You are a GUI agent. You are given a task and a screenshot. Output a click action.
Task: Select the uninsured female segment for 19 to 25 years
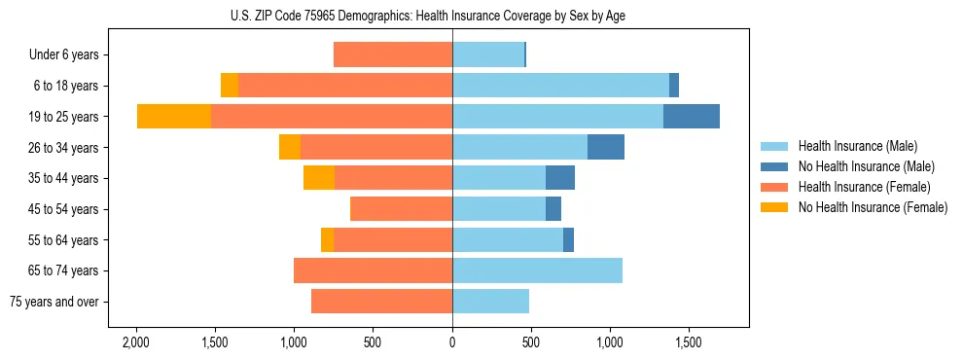pyautogui.click(x=174, y=117)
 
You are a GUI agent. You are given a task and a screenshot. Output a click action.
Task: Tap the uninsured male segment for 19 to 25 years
pyautogui.click(x=692, y=117)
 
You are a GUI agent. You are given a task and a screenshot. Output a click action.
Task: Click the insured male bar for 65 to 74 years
pyautogui.click(x=537, y=270)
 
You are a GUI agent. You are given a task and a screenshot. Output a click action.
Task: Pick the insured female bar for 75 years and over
pyautogui.click(x=381, y=302)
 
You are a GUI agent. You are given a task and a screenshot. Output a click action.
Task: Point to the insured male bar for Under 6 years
pyautogui.click(x=488, y=54)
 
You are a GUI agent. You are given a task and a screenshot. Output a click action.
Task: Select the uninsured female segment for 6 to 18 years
pyautogui.click(x=230, y=86)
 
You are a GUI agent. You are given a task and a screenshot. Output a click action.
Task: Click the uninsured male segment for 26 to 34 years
pyautogui.click(x=606, y=147)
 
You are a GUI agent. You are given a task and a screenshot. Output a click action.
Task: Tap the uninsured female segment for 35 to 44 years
pyautogui.click(x=319, y=178)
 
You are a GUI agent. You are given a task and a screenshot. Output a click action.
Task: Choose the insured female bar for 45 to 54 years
pyautogui.click(x=401, y=209)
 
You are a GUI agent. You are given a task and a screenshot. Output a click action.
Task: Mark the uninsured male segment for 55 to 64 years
pyautogui.click(x=568, y=239)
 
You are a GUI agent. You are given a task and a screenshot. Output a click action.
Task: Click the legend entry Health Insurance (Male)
pyautogui.click(x=857, y=146)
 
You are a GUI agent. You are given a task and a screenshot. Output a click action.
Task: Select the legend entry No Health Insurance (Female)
pyautogui.click(x=873, y=207)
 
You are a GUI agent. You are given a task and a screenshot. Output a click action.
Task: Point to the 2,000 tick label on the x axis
pyautogui.click(x=136, y=343)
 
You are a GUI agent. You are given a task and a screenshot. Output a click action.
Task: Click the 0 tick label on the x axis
pyautogui.click(x=452, y=343)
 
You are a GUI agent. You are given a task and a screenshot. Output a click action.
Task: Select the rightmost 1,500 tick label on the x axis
pyautogui.click(x=688, y=343)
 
